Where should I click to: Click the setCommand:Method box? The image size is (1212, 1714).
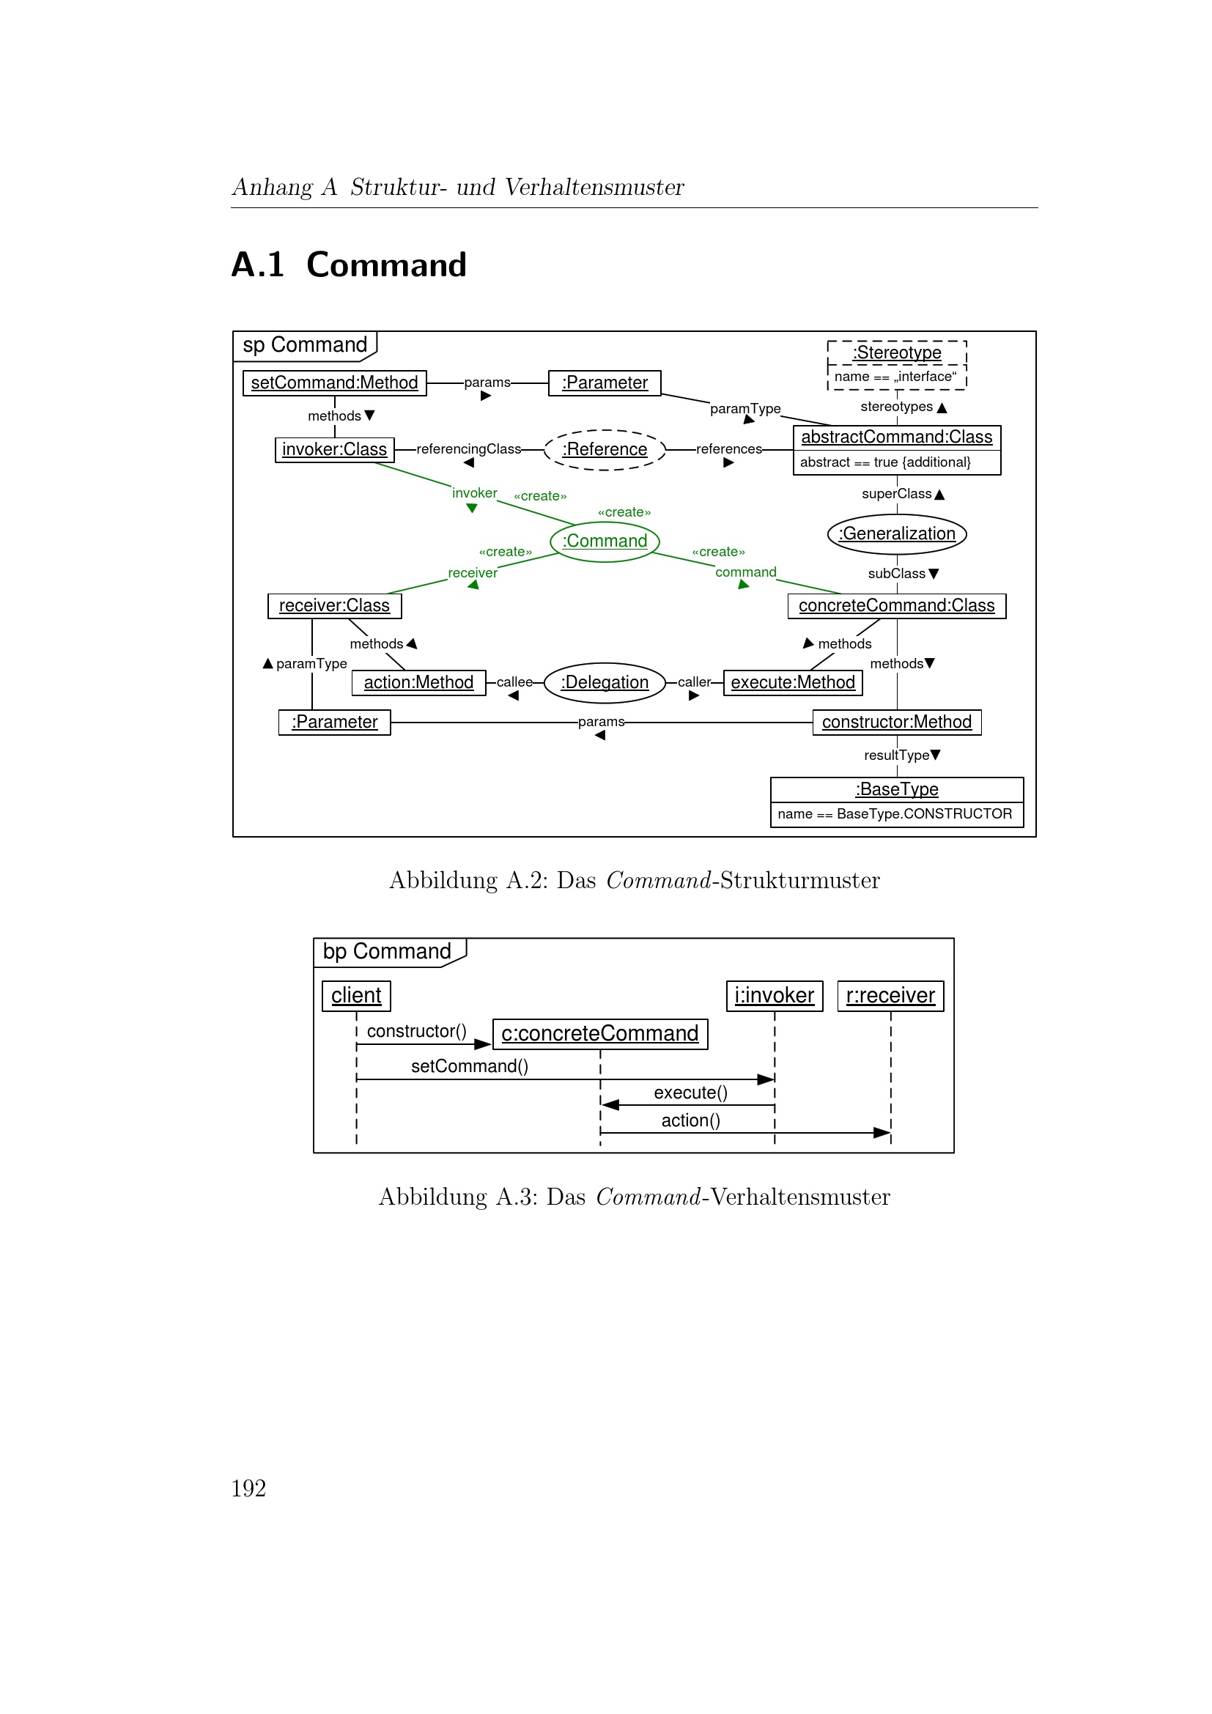click(x=334, y=383)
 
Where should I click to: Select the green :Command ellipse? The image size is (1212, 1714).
click(x=605, y=542)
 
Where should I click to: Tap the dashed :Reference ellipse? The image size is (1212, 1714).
click(x=605, y=449)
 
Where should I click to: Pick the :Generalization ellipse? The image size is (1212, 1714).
click(x=896, y=533)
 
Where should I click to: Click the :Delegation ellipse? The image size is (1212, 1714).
click(x=605, y=682)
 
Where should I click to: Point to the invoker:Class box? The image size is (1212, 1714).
click(x=334, y=449)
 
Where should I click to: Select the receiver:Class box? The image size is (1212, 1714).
click(x=334, y=605)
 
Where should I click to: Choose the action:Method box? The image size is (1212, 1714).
click(x=418, y=682)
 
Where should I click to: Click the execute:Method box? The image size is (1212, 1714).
click(x=793, y=682)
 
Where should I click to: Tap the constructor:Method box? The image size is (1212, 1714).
click(x=896, y=722)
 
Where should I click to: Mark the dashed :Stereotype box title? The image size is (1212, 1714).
click(x=896, y=352)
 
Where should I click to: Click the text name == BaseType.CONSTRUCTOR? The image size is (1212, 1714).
click(x=895, y=813)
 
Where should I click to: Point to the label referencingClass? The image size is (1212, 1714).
click(x=468, y=448)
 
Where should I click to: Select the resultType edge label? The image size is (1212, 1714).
click(x=896, y=756)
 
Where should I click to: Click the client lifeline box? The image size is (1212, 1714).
click(x=356, y=996)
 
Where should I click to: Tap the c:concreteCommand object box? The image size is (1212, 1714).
click(x=600, y=1034)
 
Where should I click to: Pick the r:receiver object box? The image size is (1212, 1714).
click(x=890, y=996)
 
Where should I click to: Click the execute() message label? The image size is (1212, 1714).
click(x=690, y=1093)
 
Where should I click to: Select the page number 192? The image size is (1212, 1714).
click(x=248, y=1488)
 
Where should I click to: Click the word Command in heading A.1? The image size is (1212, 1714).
click(x=387, y=265)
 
